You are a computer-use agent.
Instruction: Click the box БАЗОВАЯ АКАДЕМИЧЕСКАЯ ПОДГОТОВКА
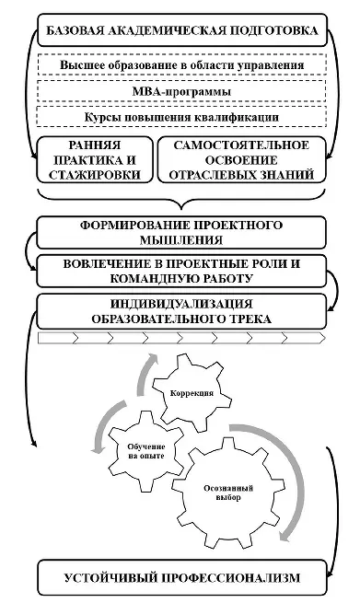pos(182,31)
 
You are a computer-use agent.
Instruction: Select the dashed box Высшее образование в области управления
pos(182,66)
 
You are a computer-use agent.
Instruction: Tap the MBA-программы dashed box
pos(182,92)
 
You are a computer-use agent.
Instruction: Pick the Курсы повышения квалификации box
pos(182,119)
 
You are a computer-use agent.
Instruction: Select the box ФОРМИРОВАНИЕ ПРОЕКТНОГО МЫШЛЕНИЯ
pos(182,233)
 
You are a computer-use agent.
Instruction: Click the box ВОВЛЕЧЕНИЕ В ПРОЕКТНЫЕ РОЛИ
pos(182,270)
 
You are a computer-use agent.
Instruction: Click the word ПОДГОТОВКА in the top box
pos(275,31)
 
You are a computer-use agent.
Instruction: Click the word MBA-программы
pos(182,92)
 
